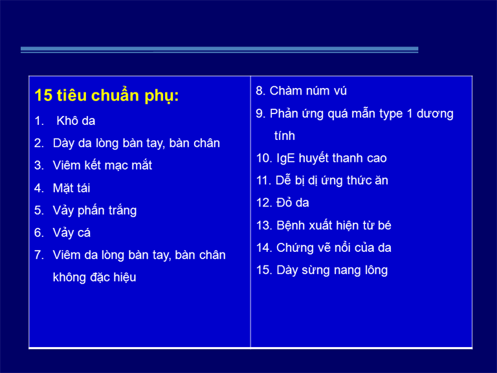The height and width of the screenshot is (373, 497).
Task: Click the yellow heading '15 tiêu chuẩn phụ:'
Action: [107, 96]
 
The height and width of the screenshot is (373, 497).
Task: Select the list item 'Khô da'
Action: [76, 121]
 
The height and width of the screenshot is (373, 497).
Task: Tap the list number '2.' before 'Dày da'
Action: [39, 143]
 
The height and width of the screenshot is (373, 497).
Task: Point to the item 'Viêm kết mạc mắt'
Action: [102, 165]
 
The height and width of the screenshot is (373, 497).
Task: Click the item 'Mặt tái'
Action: [71, 188]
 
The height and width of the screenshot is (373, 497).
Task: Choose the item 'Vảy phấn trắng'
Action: [94, 210]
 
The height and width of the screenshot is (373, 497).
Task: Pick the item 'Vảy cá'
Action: [72, 233]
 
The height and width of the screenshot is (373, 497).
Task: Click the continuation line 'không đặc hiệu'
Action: [94, 277]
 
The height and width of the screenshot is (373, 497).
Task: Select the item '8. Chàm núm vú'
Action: [301, 91]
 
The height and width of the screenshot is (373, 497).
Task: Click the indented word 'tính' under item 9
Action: [285, 136]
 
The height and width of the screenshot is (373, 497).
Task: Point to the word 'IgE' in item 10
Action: [285, 158]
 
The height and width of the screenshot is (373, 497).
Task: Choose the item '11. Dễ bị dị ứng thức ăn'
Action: [322, 181]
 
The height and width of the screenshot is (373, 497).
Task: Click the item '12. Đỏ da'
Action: [282, 203]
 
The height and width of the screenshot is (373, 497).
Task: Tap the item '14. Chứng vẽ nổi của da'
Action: [324, 248]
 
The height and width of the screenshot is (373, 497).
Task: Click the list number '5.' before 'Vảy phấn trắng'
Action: [39, 210]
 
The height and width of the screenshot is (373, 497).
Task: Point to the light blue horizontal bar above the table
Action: [219, 50]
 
